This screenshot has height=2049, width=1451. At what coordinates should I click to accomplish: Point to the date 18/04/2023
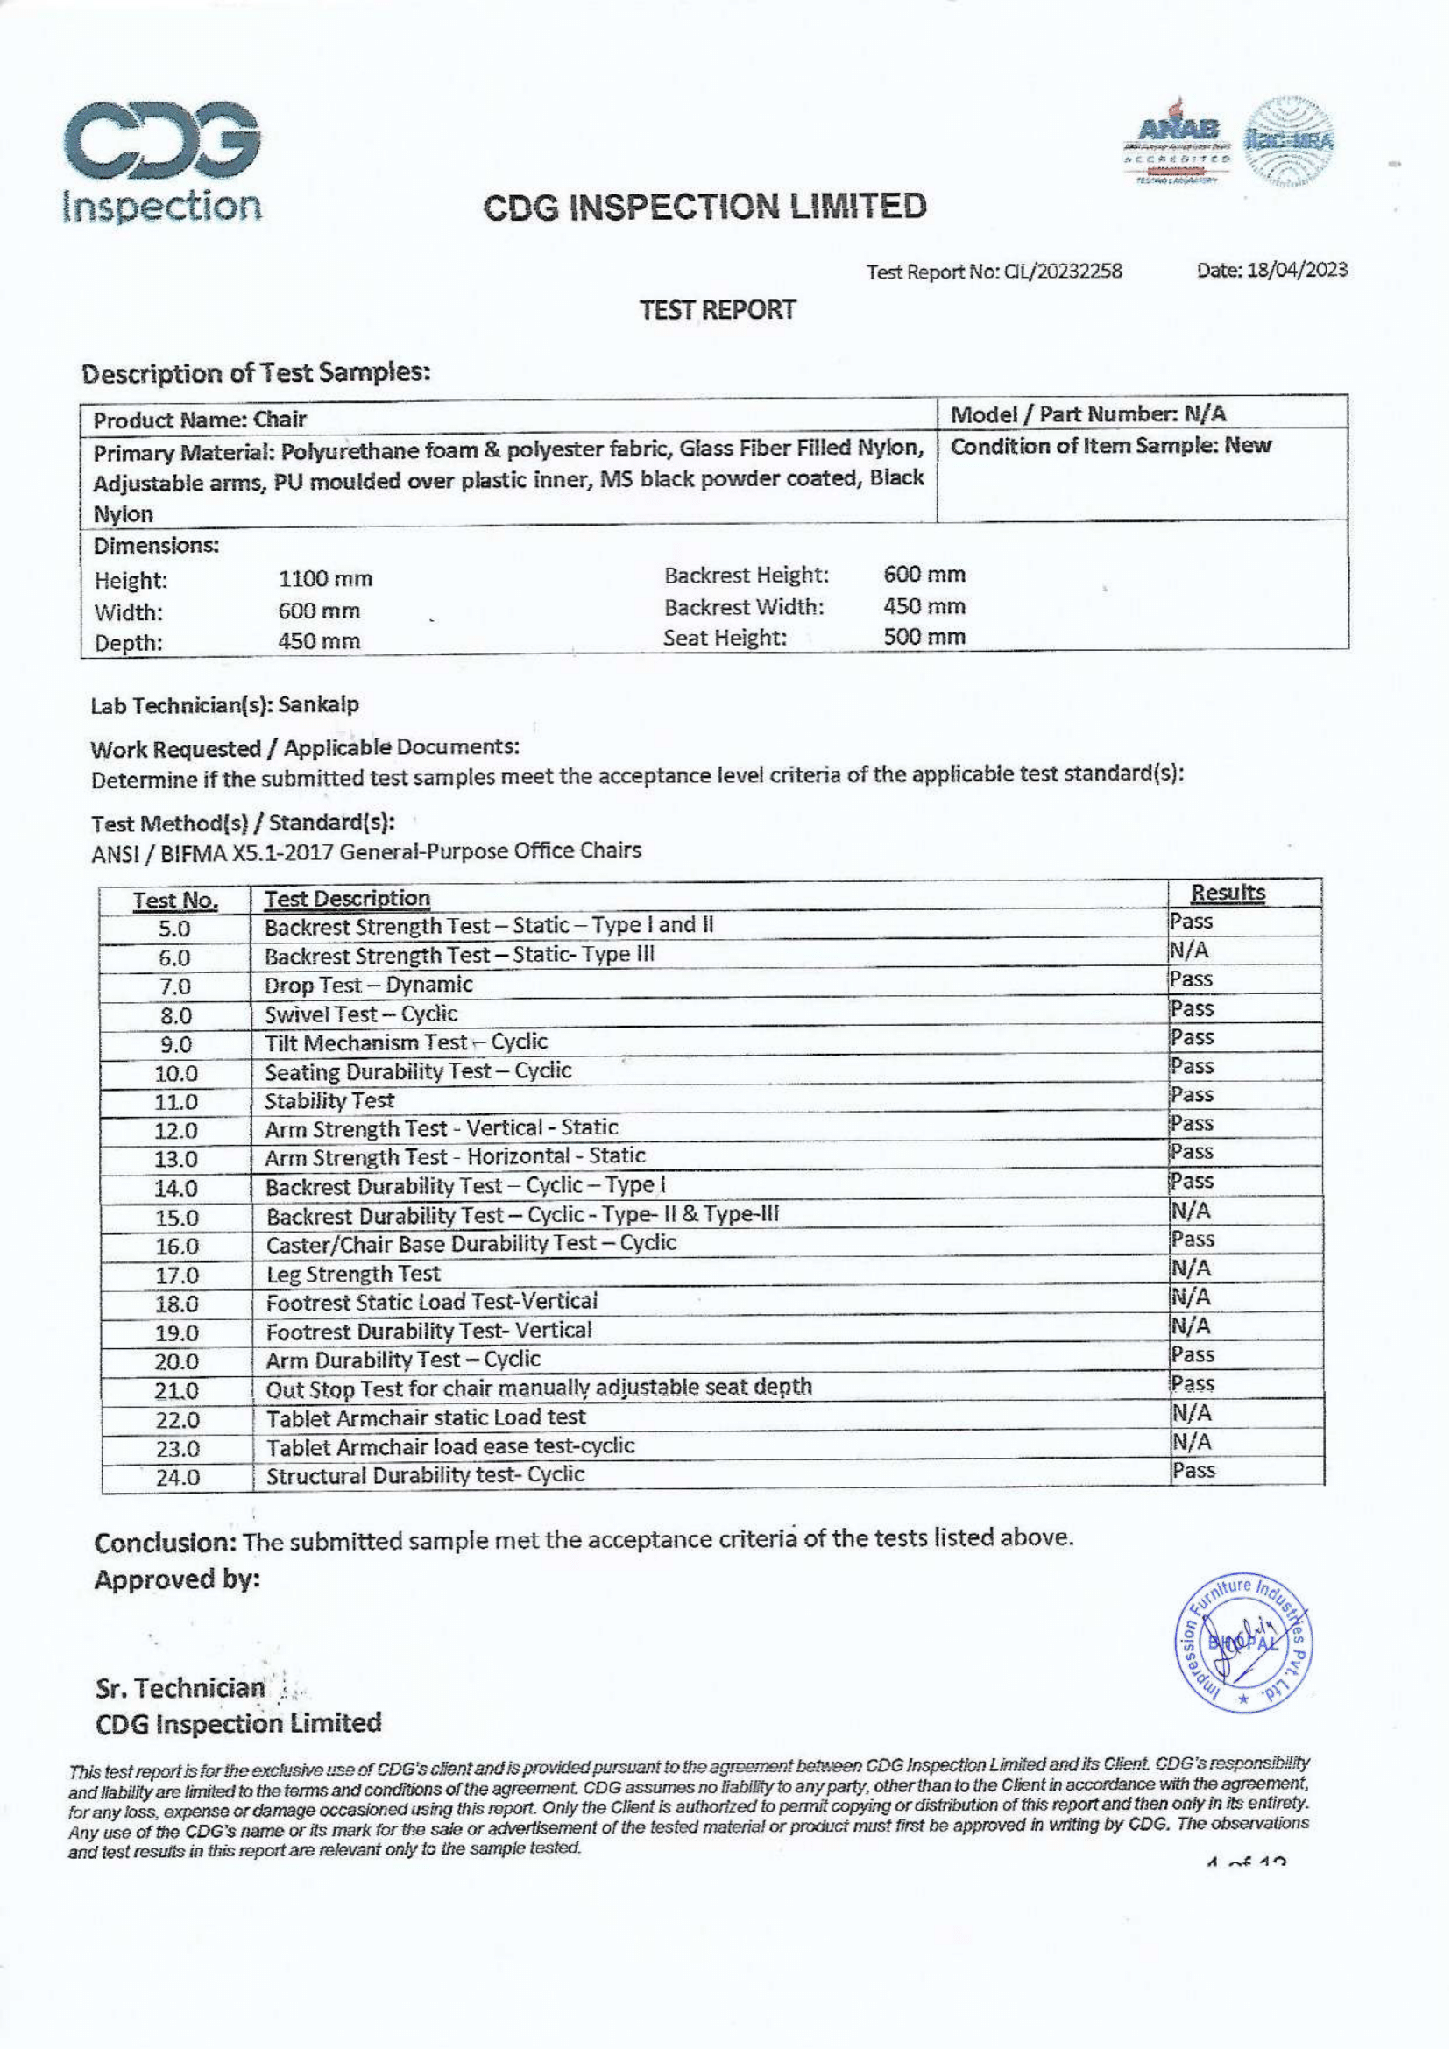point(1297,270)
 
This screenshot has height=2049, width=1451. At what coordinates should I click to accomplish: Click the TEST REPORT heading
point(718,311)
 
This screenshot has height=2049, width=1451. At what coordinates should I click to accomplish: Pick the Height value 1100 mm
point(325,580)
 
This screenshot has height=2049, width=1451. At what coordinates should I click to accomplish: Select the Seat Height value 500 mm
point(924,638)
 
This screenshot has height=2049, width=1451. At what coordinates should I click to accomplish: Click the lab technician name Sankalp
point(318,705)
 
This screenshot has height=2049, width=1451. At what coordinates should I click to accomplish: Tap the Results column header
point(1228,894)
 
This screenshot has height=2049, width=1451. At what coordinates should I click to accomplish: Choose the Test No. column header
point(175,901)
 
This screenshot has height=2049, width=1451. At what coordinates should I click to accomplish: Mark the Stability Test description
point(329,1100)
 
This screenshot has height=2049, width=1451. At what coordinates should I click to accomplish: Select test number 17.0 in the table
point(177,1275)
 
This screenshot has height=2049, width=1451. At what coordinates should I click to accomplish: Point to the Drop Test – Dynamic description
point(368,986)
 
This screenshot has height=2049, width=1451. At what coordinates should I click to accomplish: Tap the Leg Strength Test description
point(353,1274)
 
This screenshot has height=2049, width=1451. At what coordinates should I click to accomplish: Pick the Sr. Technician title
point(180,1689)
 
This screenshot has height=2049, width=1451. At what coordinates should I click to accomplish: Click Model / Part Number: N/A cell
point(1087,414)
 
